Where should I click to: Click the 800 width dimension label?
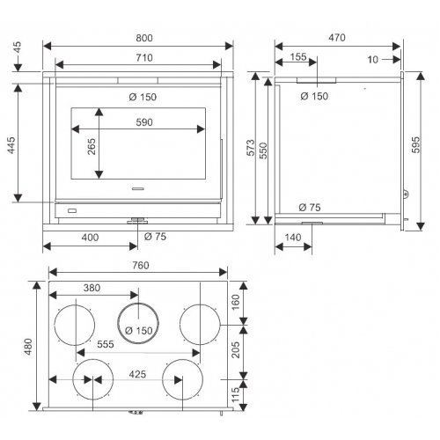tap(144, 38)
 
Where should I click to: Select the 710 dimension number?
tap(144, 58)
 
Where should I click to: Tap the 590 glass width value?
tap(144, 122)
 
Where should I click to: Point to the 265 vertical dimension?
tap(92, 146)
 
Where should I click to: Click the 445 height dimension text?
tap(11, 145)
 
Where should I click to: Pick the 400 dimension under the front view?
tap(90, 238)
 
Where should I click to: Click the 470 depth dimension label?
tap(337, 38)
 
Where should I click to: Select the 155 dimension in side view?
tap(298, 57)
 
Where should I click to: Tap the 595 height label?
tap(415, 145)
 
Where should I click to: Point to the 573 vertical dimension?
tap(251, 148)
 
